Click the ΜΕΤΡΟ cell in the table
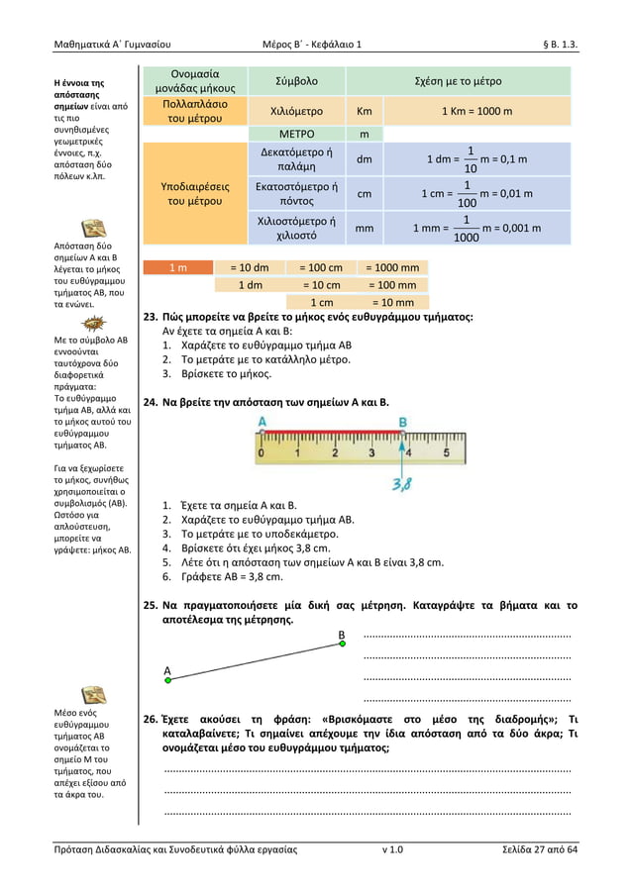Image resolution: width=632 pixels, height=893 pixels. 296,134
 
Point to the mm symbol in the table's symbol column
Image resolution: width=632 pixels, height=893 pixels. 364,228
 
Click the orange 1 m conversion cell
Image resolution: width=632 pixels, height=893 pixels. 177,267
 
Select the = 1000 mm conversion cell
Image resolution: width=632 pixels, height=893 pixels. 392,267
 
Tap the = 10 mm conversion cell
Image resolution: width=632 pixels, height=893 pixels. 392,303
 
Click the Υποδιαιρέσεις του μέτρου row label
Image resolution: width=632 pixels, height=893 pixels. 194,193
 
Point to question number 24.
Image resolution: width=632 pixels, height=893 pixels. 151,403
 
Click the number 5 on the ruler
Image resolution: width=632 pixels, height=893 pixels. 446,454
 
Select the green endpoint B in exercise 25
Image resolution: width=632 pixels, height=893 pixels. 342,644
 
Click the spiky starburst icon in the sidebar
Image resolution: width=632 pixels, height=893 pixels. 94,322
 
